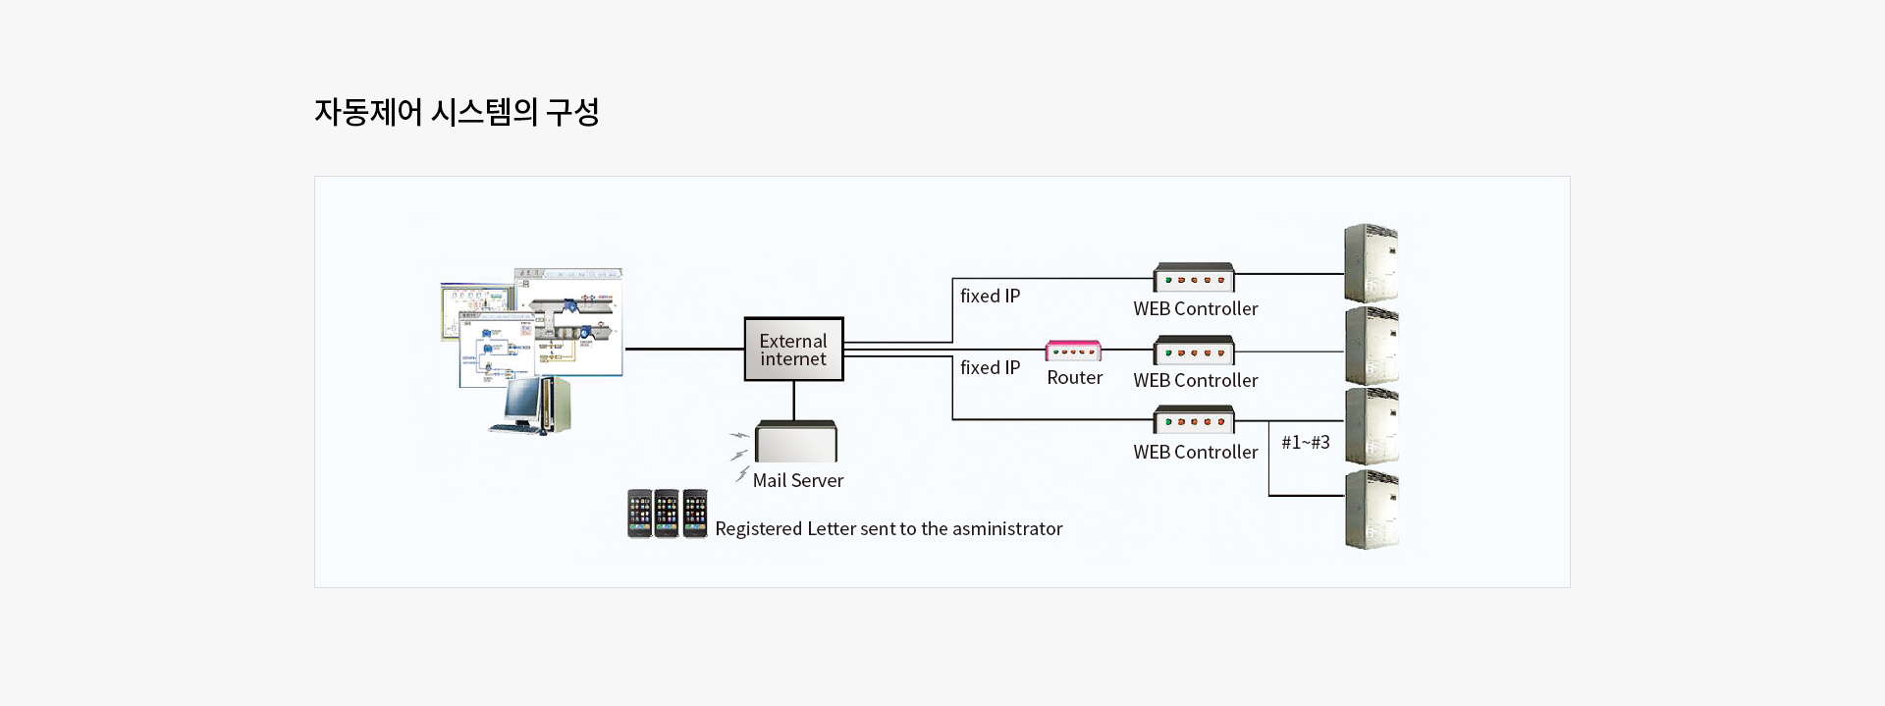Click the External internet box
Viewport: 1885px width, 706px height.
793,350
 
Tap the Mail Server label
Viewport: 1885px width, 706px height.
797,480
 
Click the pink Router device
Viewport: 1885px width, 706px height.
1073,351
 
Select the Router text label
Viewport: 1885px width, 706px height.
1074,378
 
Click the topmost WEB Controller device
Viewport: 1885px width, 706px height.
1194,278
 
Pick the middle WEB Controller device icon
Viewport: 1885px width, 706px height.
1194,351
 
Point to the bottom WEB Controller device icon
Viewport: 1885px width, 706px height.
1194,420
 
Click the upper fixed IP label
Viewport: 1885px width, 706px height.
990,296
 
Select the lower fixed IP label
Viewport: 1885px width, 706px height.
990,367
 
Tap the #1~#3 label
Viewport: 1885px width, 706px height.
1305,442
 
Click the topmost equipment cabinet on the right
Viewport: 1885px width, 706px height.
1371,263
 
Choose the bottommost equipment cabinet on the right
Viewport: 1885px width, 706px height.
1372,510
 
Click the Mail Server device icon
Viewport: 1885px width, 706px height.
795,442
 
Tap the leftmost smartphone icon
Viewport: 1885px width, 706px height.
639,514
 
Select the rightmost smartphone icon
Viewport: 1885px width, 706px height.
695,514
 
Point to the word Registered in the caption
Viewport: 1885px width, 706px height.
758,528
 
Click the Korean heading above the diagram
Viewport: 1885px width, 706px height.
457,112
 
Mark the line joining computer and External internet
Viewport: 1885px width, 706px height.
684,349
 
